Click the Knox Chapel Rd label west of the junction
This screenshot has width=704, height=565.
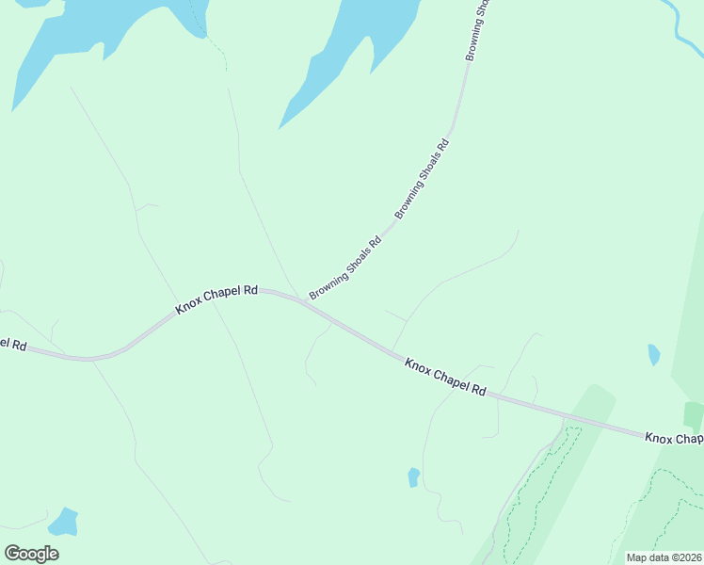click(216, 300)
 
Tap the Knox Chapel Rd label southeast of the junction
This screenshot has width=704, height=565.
click(445, 376)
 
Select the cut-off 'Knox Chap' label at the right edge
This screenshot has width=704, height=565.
click(674, 439)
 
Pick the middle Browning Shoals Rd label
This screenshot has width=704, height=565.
click(422, 179)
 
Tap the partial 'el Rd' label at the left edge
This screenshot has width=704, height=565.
click(12, 344)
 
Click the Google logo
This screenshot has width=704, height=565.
click(31, 553)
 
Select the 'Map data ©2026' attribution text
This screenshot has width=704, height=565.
click(664, 557)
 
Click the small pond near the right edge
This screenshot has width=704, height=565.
click(653, 355)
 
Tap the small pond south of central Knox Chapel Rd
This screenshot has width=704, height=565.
click(413, 477)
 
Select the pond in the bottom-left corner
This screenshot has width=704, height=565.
click(63, 522)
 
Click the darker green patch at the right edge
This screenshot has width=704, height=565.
click(694, 414)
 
